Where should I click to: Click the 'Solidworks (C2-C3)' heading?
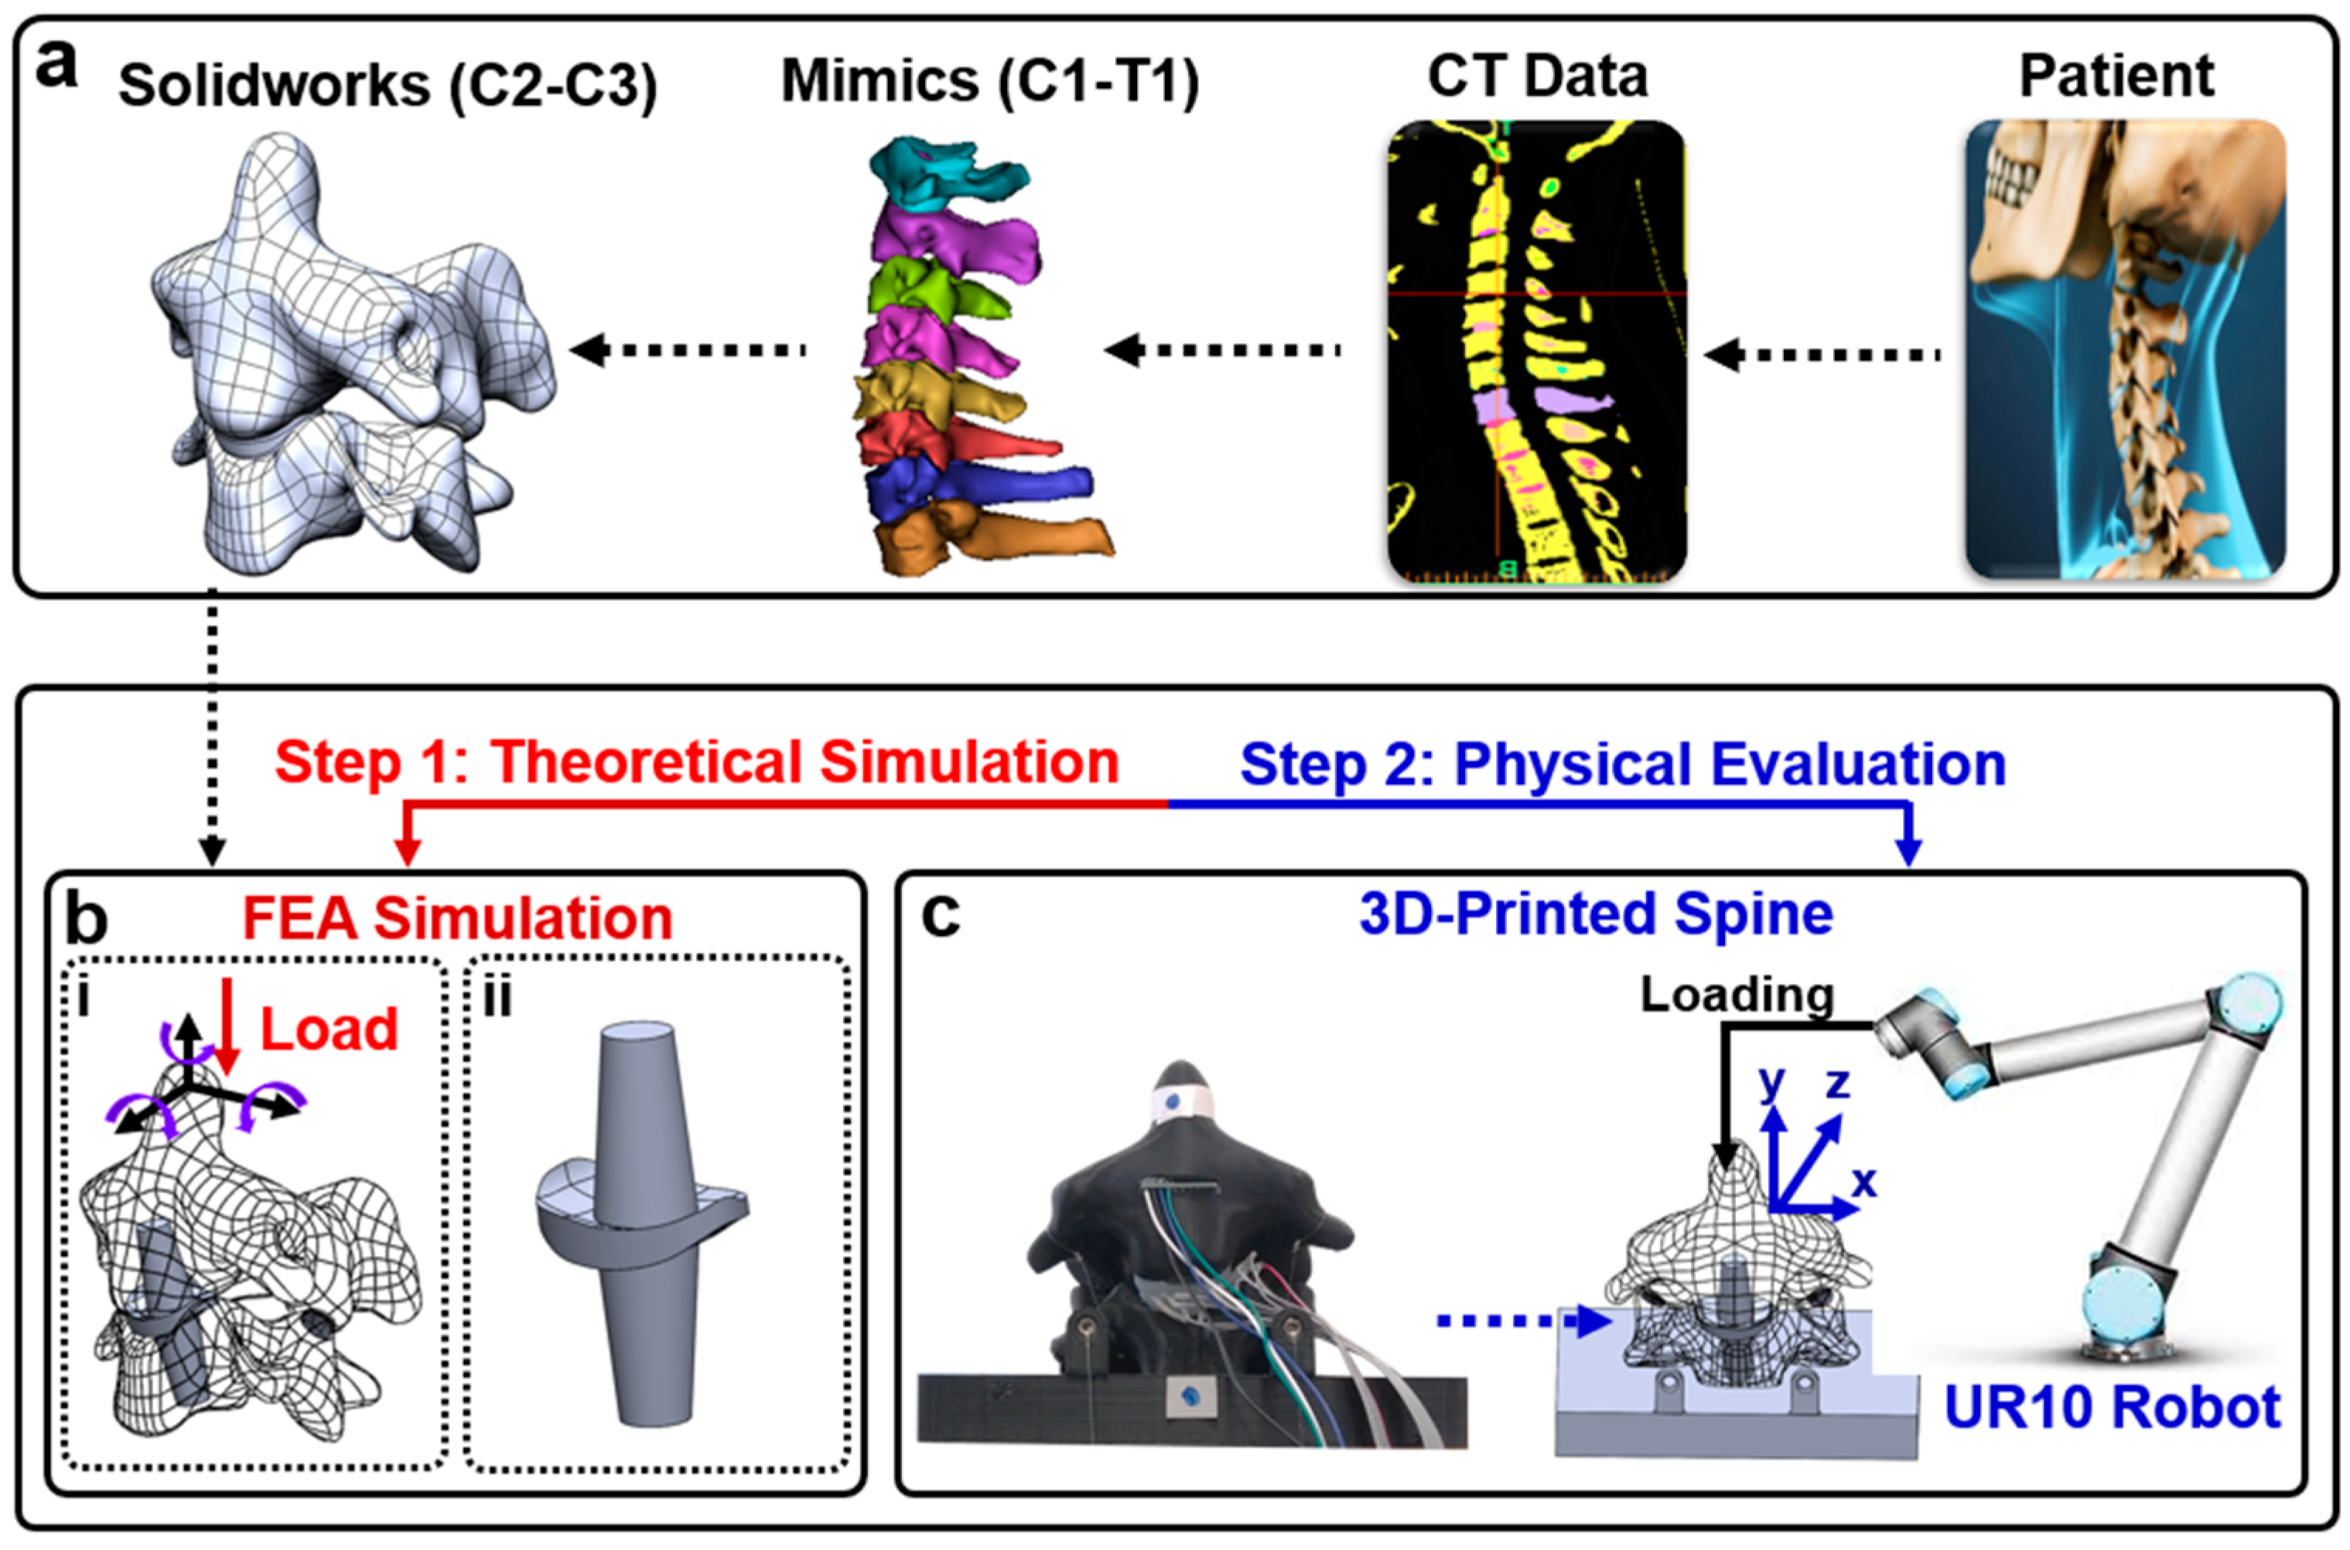click(x=388, y=86)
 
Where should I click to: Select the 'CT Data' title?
click(x=1537, y=76)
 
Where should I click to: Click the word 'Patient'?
click(x=2116, y=76)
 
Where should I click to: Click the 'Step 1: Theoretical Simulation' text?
click(x=696, y=763)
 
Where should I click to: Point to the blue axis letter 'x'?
click(x=1863, y=1180)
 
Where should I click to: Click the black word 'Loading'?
click(x=1737, y=995)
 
